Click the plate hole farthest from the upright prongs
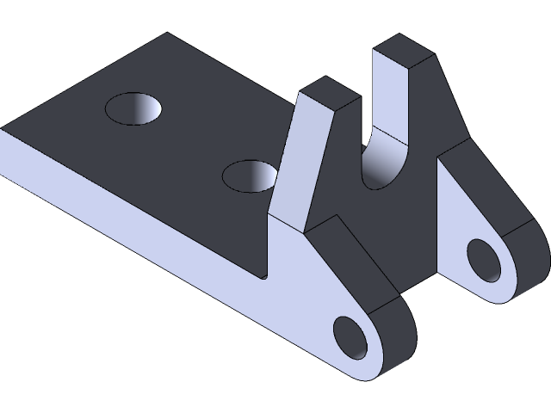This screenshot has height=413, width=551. coord(134,108)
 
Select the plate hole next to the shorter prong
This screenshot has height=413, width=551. coord(250,176)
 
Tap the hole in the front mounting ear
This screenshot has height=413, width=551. coord(350,337)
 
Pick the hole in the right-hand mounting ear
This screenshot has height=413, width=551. coord(484,260)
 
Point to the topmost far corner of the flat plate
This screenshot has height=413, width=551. coord(167,34)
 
